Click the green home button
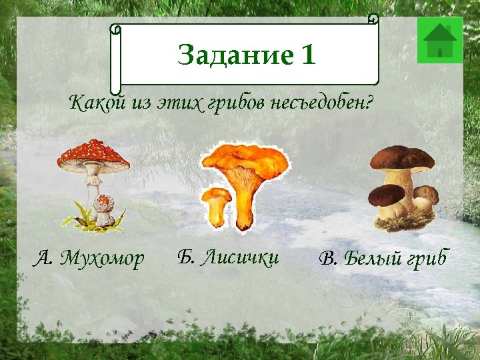439,40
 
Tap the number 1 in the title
307,55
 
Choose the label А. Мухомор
89,258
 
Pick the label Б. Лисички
228,257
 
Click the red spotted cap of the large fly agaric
93,154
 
